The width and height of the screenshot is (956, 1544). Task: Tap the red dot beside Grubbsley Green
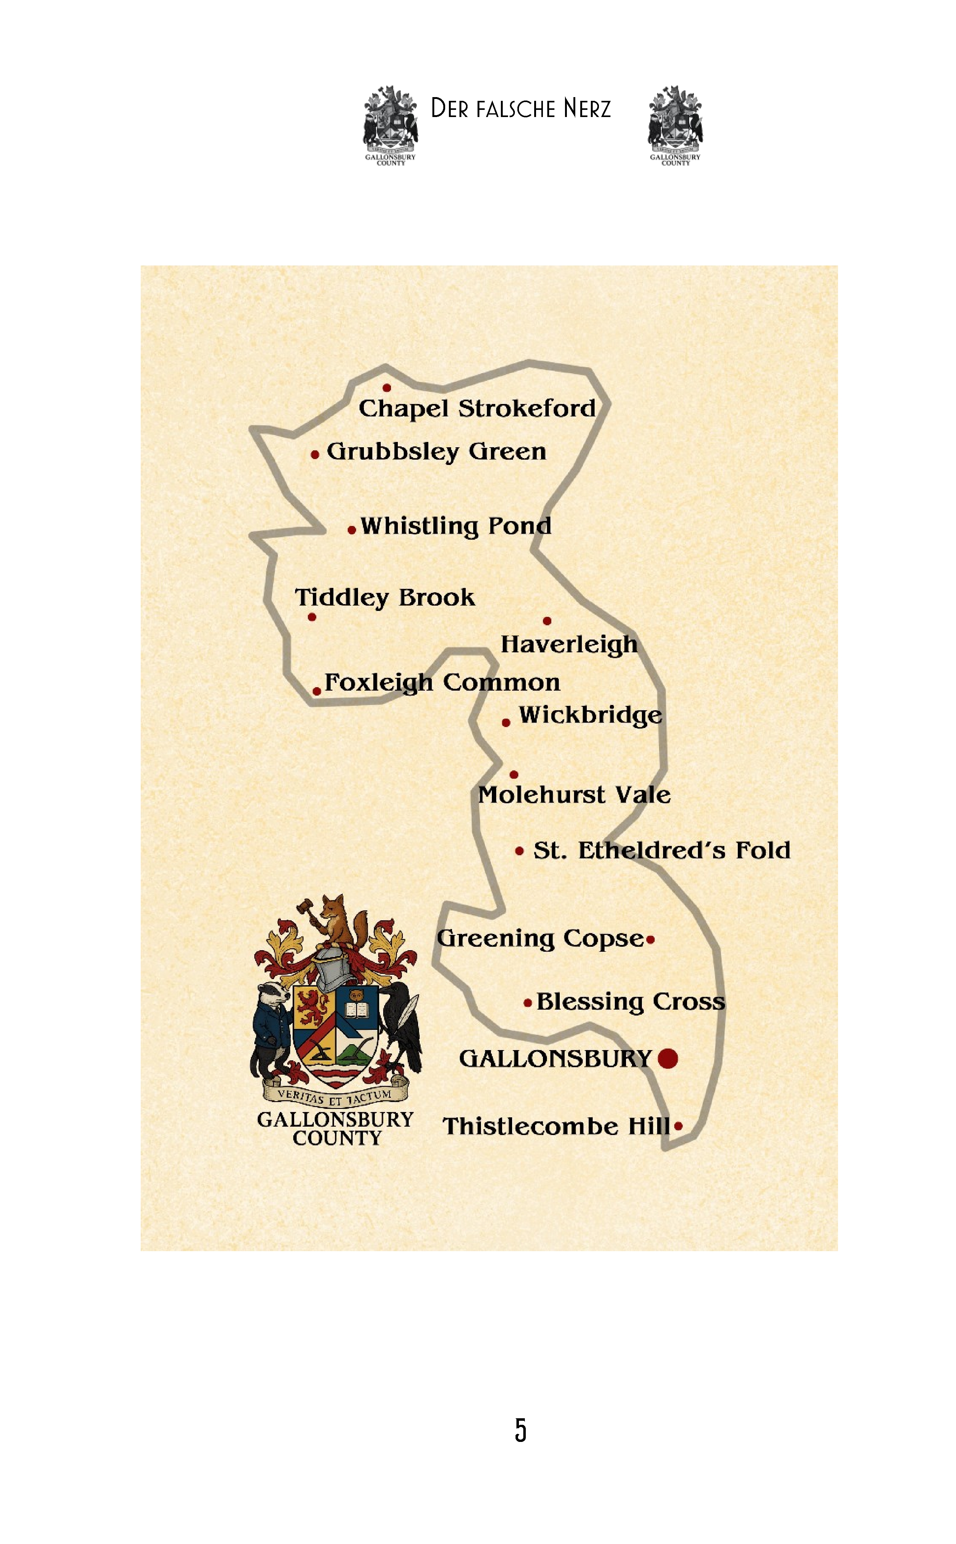315,454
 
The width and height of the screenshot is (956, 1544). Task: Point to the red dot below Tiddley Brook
312,617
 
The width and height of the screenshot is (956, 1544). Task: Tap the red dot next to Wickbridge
506,722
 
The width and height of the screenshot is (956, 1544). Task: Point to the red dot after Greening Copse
651,940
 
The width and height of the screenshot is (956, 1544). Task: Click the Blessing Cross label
630,1002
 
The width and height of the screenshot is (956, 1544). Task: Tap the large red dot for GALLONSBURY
668,1058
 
